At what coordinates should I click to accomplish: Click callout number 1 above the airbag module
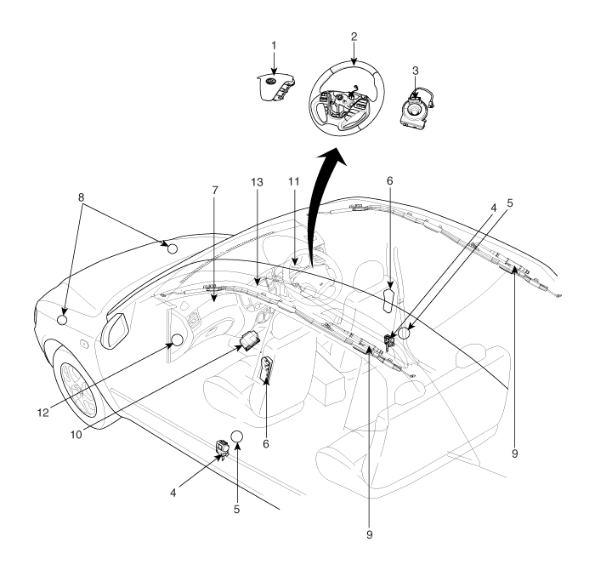(274, 45)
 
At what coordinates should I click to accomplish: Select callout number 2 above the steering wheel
(354, 37)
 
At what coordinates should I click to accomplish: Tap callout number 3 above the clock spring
(416, 71)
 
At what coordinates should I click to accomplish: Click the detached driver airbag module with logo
(276, 88)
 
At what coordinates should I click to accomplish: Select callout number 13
(257, 182)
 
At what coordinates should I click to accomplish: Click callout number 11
(293, 181)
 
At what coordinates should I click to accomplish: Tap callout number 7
(215, 190)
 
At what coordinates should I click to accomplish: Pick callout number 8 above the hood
(82, 197)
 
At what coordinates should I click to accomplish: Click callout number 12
(43, 413)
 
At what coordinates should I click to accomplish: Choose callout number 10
(76, 434)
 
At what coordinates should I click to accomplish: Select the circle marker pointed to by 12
(178, 340)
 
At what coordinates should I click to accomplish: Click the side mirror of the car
(115, 330)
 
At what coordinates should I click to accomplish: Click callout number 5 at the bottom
(237, 510)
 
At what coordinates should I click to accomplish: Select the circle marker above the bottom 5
(237, 436)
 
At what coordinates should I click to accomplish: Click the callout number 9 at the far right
(514, 453)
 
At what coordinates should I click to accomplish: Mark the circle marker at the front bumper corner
(62, 320)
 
